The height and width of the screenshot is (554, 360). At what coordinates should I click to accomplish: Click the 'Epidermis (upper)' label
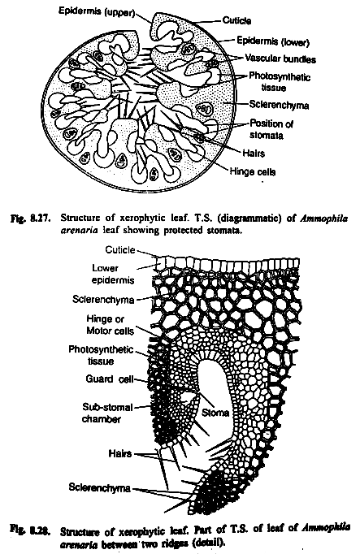(x=97, y=11)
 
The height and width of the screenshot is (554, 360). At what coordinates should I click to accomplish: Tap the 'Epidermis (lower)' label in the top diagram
(x=273, y=41)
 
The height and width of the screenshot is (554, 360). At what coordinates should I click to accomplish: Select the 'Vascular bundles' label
(x=280, y=58)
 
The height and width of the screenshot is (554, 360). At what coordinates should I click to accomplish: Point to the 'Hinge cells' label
(x=253, y=171)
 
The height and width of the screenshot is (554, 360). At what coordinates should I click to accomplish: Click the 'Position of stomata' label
(x=271, y=129)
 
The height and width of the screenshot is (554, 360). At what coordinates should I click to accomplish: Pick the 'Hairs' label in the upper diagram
(x=254, y=153)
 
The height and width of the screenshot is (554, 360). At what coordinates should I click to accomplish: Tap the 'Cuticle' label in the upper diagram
(x=236, y=20)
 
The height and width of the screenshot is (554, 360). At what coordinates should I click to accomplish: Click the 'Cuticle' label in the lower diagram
(x=120, y=250)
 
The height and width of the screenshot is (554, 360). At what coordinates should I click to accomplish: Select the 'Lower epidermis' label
(x=113, y=275)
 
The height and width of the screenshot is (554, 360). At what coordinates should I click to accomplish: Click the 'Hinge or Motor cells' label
(x=110, y=325)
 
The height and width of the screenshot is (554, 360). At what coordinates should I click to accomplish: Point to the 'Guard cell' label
(x=110, y=379)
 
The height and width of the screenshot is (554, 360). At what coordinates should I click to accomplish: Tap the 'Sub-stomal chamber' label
(x=107, y=413)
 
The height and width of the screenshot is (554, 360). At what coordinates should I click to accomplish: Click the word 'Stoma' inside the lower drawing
(x=215, y=413)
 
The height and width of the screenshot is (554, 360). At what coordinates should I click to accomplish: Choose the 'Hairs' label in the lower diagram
(x=120, y=453)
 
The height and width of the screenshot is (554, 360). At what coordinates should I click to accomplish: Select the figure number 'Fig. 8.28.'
(x=30, y=530)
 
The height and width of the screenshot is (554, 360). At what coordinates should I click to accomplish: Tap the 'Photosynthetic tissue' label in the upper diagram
(x=279, y=81)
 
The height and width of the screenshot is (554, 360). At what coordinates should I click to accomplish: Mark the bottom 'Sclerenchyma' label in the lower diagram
(x=100, y=487)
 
